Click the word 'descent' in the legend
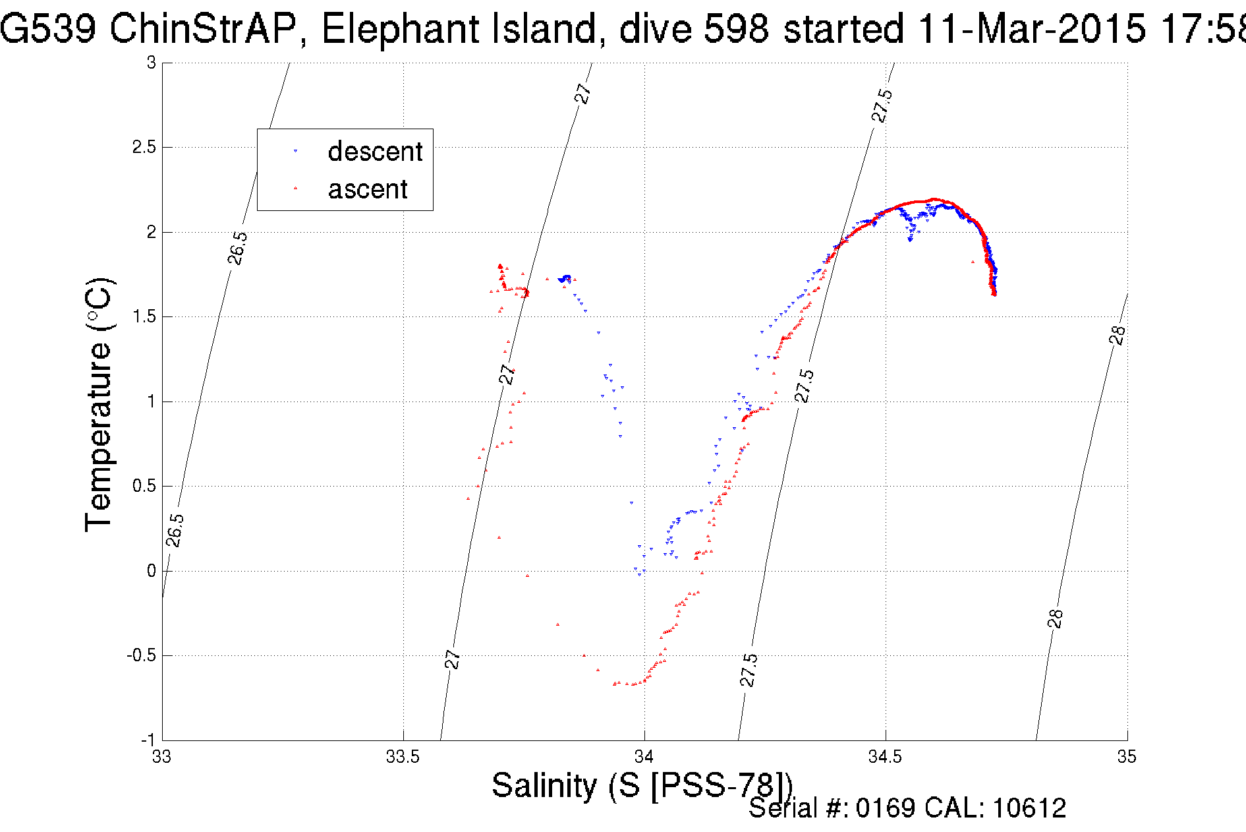[374, 152]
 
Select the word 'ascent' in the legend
[368, 189]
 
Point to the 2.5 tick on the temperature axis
[144, 147]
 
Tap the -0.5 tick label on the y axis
[141, 655]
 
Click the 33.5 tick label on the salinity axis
[403, 757]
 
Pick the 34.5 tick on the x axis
[885, 757]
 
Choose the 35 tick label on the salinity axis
[1127, 757]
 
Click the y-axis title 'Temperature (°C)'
[99, 404]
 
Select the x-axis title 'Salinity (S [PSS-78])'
[642, 785]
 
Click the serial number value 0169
[886, 808]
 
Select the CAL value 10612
[1029, 808]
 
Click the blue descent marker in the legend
[295, 152]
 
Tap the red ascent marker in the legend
[295, 189]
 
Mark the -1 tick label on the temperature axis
[148, 740]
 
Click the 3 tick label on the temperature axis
[152, 63]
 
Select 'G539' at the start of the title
[47, 30]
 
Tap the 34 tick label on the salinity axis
[644, 757]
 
